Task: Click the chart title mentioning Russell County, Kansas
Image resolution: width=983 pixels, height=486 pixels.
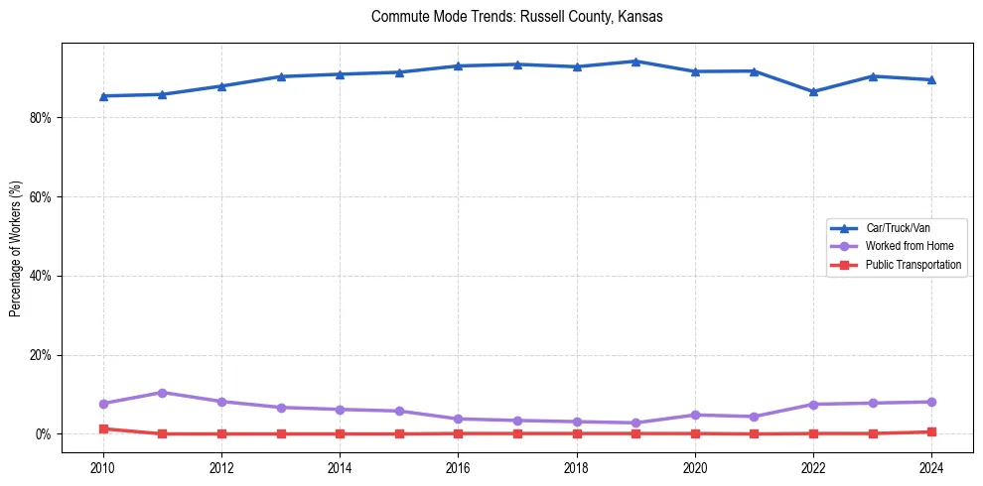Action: (x=516, y=17)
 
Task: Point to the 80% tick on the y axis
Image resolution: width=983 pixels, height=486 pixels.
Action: (x=41, y=117)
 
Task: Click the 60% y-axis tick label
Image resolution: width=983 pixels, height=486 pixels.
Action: (x=41, y=196)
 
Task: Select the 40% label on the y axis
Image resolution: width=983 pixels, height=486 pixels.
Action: (x=41, y=276)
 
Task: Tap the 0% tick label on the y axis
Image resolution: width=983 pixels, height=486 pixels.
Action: (x=44, y=434)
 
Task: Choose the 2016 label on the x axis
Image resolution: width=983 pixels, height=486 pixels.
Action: (x=458, y=466)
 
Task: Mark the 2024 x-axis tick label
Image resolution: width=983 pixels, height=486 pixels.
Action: (x=931, y=466)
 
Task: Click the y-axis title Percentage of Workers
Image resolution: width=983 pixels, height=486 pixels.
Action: (x=16, y=249)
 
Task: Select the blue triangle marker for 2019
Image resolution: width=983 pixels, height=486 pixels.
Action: (x=635, y=61)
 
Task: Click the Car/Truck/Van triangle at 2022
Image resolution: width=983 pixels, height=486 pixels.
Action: (x=813, y=91)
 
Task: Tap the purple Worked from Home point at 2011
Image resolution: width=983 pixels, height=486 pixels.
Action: (x=162, y=393)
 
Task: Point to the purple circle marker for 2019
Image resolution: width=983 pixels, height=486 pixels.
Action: (x=635, y=423)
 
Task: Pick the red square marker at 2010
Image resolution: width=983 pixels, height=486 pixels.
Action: (x=103, y=428)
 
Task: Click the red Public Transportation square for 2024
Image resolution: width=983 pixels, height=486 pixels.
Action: (x=931, y=431)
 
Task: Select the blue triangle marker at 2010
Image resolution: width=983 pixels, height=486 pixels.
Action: (x=103, y=96)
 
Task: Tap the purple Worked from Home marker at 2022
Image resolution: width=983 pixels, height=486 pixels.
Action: (x=813, y=405)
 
